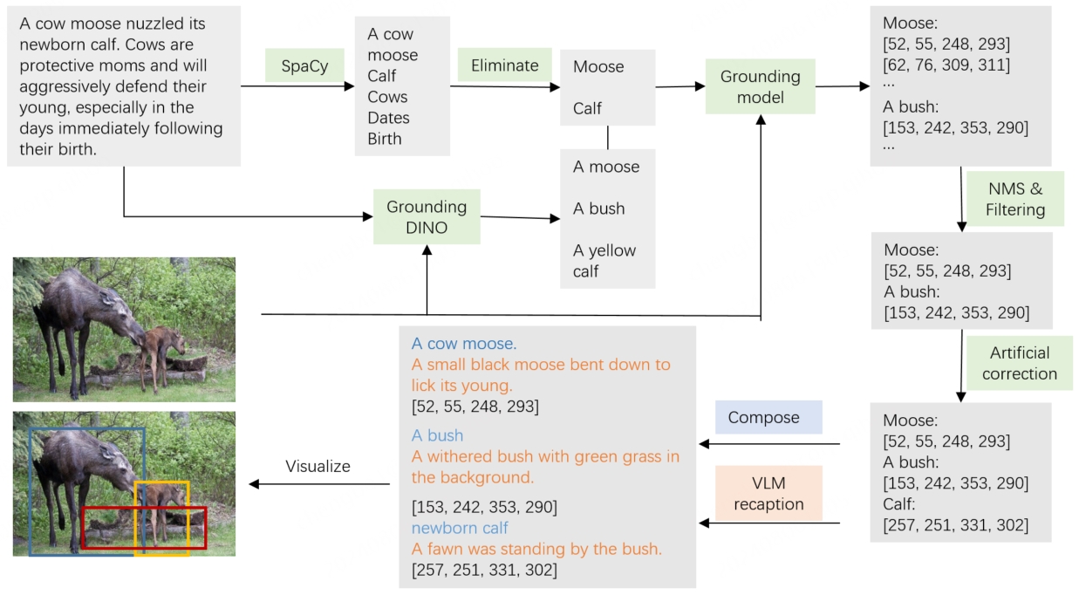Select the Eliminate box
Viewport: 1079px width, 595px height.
tap(504, 65)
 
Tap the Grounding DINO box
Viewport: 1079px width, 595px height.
tap(427, 217)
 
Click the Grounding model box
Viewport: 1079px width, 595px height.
tap(760, 86)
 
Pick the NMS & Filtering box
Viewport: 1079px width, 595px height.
tap(1014, 199)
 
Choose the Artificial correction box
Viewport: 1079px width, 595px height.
tap(1019, 363)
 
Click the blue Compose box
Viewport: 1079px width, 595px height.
tap(763, 417)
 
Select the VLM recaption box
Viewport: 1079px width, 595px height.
tap(768, 495)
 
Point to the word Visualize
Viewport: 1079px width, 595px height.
tap(318, 467)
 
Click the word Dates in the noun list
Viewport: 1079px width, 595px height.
tap(388, 118)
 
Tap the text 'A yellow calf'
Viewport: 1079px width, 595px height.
tap(604, 261)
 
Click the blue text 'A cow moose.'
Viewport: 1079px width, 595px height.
tap(464, 344)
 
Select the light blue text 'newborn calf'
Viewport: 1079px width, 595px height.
tap(460, 528)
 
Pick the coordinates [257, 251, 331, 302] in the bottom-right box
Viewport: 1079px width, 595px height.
tap(955, 525)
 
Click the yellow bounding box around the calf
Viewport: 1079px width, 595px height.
tap(161, 482)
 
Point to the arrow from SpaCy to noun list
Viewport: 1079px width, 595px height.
tap(297, 85)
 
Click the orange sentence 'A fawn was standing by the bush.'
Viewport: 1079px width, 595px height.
tap(536, 549)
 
